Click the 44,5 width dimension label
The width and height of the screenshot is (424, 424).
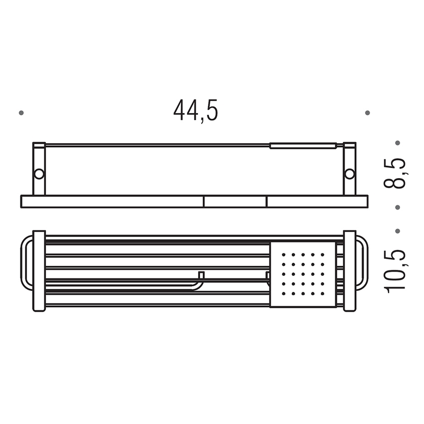(x=196, y=111)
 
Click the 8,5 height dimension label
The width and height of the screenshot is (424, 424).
(x=395, y=173)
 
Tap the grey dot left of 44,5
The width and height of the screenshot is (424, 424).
(x=21, y=113)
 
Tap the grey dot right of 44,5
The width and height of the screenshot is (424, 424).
(x=367, y=113)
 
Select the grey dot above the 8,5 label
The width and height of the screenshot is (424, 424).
(x=398, y=143)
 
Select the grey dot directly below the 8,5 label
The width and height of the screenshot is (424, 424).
(x=398, y=208)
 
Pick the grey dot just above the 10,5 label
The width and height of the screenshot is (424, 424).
(x=398, y=231)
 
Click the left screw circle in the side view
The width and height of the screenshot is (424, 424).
(x=39, y=174)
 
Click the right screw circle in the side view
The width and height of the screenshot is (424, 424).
(x=349, y=174)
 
